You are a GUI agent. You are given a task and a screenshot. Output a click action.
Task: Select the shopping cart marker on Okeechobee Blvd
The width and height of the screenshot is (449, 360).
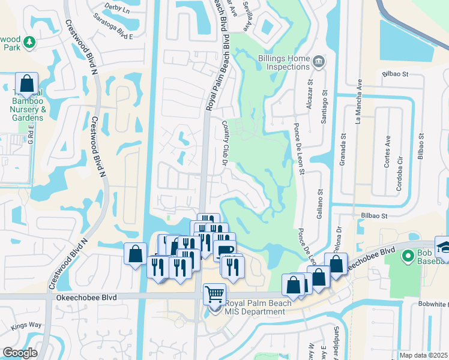point(214,295)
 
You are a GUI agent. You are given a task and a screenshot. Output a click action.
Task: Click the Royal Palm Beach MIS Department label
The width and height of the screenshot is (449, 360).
point(258,307)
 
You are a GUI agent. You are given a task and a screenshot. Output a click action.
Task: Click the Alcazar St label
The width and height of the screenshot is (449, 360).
point(311,96)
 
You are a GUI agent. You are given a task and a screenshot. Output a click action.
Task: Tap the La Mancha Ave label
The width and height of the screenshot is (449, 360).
point(359,103)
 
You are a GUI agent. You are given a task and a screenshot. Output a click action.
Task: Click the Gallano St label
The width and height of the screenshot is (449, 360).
point(320,204)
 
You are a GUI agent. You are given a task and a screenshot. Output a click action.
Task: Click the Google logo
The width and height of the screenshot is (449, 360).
point(20,353)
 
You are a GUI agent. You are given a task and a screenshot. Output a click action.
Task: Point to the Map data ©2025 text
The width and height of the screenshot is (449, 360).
point(423,355)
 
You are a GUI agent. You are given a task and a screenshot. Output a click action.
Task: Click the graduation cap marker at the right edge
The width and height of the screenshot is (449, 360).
point(445,247)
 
